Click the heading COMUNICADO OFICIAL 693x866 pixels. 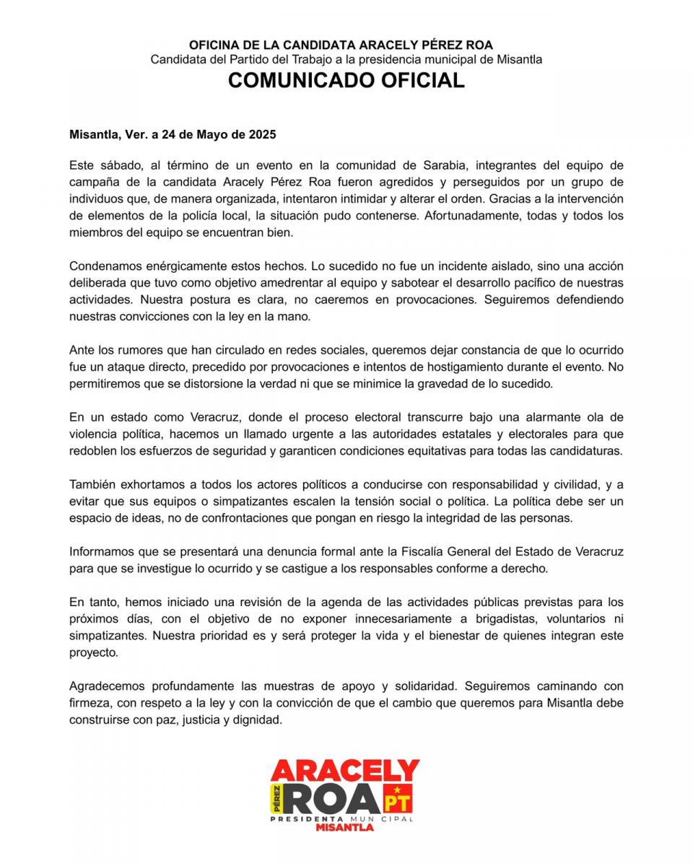point(346,80)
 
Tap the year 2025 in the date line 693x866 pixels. point(261,134)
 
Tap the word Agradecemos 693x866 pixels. point(107,686)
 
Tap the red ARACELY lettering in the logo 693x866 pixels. point(345,770)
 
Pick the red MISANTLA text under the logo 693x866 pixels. point(344,828)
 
